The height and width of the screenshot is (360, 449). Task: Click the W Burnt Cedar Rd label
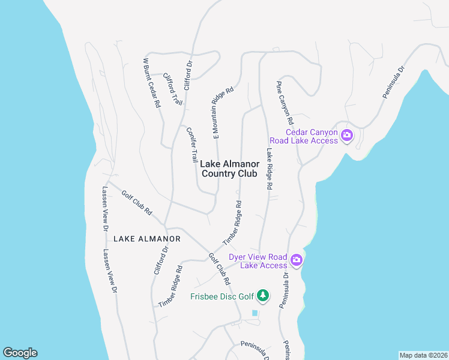pos(151,83)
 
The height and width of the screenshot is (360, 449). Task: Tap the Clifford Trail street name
pos(173,89)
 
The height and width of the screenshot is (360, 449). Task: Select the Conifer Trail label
pos(192,144)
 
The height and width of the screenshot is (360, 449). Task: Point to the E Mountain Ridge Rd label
pos(213,116)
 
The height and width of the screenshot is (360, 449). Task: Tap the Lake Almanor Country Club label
pos(229,169)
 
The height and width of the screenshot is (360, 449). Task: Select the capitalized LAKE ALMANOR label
pos(147,239)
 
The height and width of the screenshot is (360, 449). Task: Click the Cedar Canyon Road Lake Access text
pos(312,137)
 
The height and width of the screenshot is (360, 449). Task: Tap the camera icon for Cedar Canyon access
pos(346,136)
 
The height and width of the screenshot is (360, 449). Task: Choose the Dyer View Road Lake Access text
pos(264,261)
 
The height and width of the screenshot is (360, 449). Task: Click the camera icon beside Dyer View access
pos(296,260)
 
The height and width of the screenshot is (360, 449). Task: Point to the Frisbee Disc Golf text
pos(221,296)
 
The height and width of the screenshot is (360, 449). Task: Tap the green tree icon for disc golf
pos(263,295)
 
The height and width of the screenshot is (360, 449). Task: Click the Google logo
pos(20,353)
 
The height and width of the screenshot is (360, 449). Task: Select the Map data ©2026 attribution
pos(424,355)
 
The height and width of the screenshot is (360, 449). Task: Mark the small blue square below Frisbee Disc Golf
pos(255,313)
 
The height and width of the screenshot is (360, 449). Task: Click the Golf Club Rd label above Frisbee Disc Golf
pos(219,268)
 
